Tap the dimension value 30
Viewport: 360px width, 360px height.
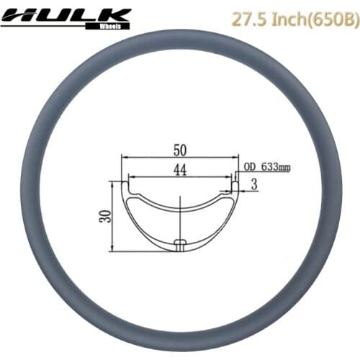(104, 216)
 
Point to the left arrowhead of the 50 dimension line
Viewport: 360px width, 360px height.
(124, 156)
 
